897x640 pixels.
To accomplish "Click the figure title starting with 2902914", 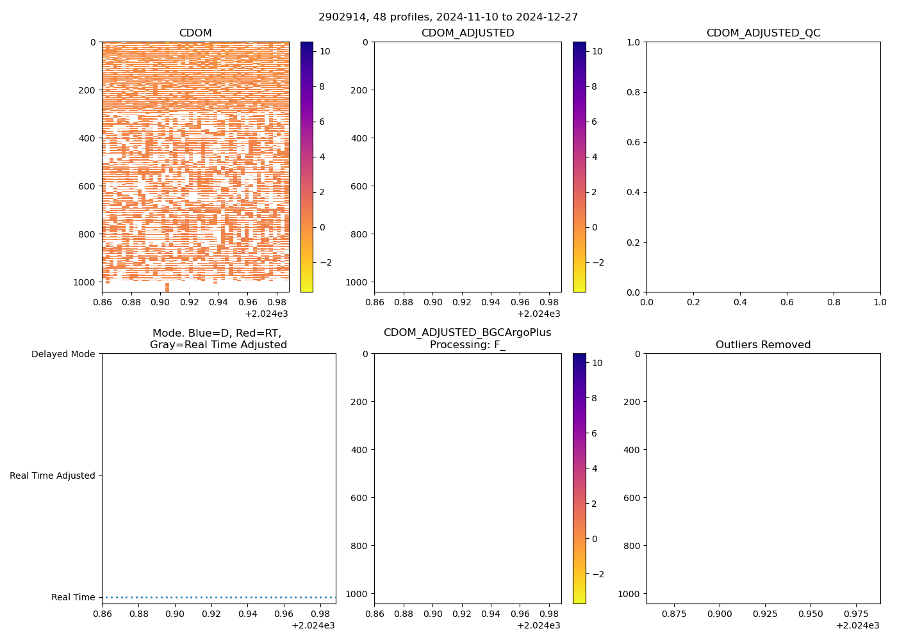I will [x=448, y=17].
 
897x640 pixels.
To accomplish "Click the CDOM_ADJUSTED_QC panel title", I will [x=763, y=33].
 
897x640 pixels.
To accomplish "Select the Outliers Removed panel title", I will [x=763, y=345].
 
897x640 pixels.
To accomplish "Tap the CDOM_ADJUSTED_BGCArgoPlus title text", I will [x=467, y=333].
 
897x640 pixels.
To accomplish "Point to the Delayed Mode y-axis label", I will [x=63, y=354].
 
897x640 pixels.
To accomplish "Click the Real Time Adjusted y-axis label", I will [x=53, y=476].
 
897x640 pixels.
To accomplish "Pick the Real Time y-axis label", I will [x=73, y=597].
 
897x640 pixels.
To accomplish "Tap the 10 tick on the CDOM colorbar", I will [x=325, y=51].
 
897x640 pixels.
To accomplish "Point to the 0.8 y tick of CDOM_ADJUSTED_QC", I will [x=632, y=92].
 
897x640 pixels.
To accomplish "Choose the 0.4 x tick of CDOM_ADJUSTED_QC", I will [x=740, y=301].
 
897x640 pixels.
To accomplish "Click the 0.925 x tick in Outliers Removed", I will [x=720, y=613].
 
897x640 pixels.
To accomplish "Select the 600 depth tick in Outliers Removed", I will [x=631, y=498].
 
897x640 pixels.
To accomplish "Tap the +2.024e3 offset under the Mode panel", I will [x=313, y=625].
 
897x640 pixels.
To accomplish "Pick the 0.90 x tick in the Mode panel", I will [x=175, y=613].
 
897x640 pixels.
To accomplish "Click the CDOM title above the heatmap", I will [x=195, y=33].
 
